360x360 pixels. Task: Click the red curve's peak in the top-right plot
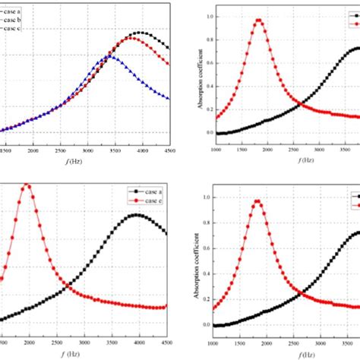(258, 21)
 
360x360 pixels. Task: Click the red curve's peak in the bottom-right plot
(258, 201)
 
